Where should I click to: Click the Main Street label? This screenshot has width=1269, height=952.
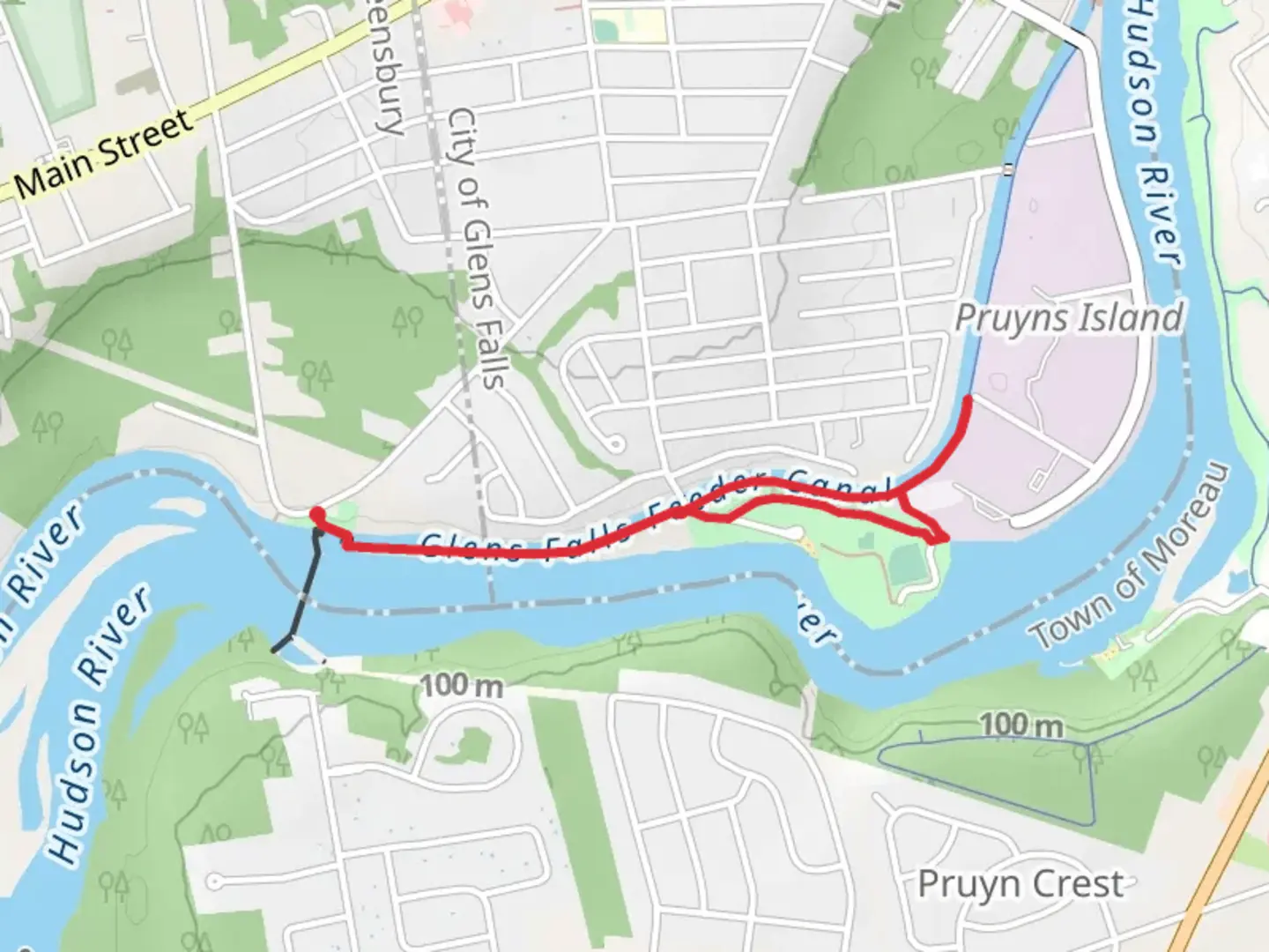(x=103, y=153)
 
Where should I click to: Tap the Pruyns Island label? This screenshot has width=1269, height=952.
(x=1069, y=318)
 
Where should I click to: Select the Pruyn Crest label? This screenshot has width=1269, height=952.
(x=1020, y=884)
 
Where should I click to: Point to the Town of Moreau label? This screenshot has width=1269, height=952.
(x=1131, y=556)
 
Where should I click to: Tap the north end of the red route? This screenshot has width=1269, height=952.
(x=968, y=399)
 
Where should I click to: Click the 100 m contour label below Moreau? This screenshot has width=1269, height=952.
(x=1021, y=725)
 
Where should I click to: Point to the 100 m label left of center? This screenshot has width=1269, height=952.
(x=461, y=685)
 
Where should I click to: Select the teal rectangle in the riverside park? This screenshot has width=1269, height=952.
(x=909, y=565)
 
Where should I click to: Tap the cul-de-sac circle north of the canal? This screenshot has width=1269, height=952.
(x=615, y=443)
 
